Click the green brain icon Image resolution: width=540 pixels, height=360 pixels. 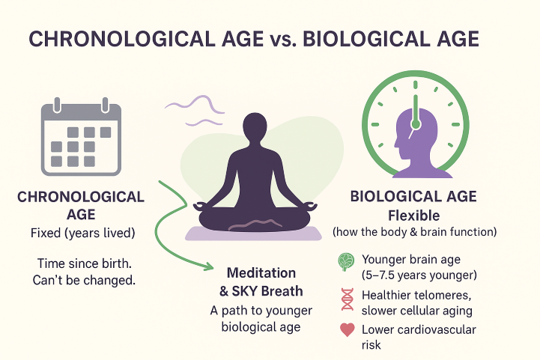pos(346,261)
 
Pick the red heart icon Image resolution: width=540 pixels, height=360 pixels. pos(347,331)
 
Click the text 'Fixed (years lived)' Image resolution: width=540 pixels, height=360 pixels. pos(81,233)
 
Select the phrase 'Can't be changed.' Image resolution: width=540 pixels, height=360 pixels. pos(81,281)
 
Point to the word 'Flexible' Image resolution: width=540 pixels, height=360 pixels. pos(414,215)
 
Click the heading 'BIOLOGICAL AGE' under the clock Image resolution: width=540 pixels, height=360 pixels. pos(414,197)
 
